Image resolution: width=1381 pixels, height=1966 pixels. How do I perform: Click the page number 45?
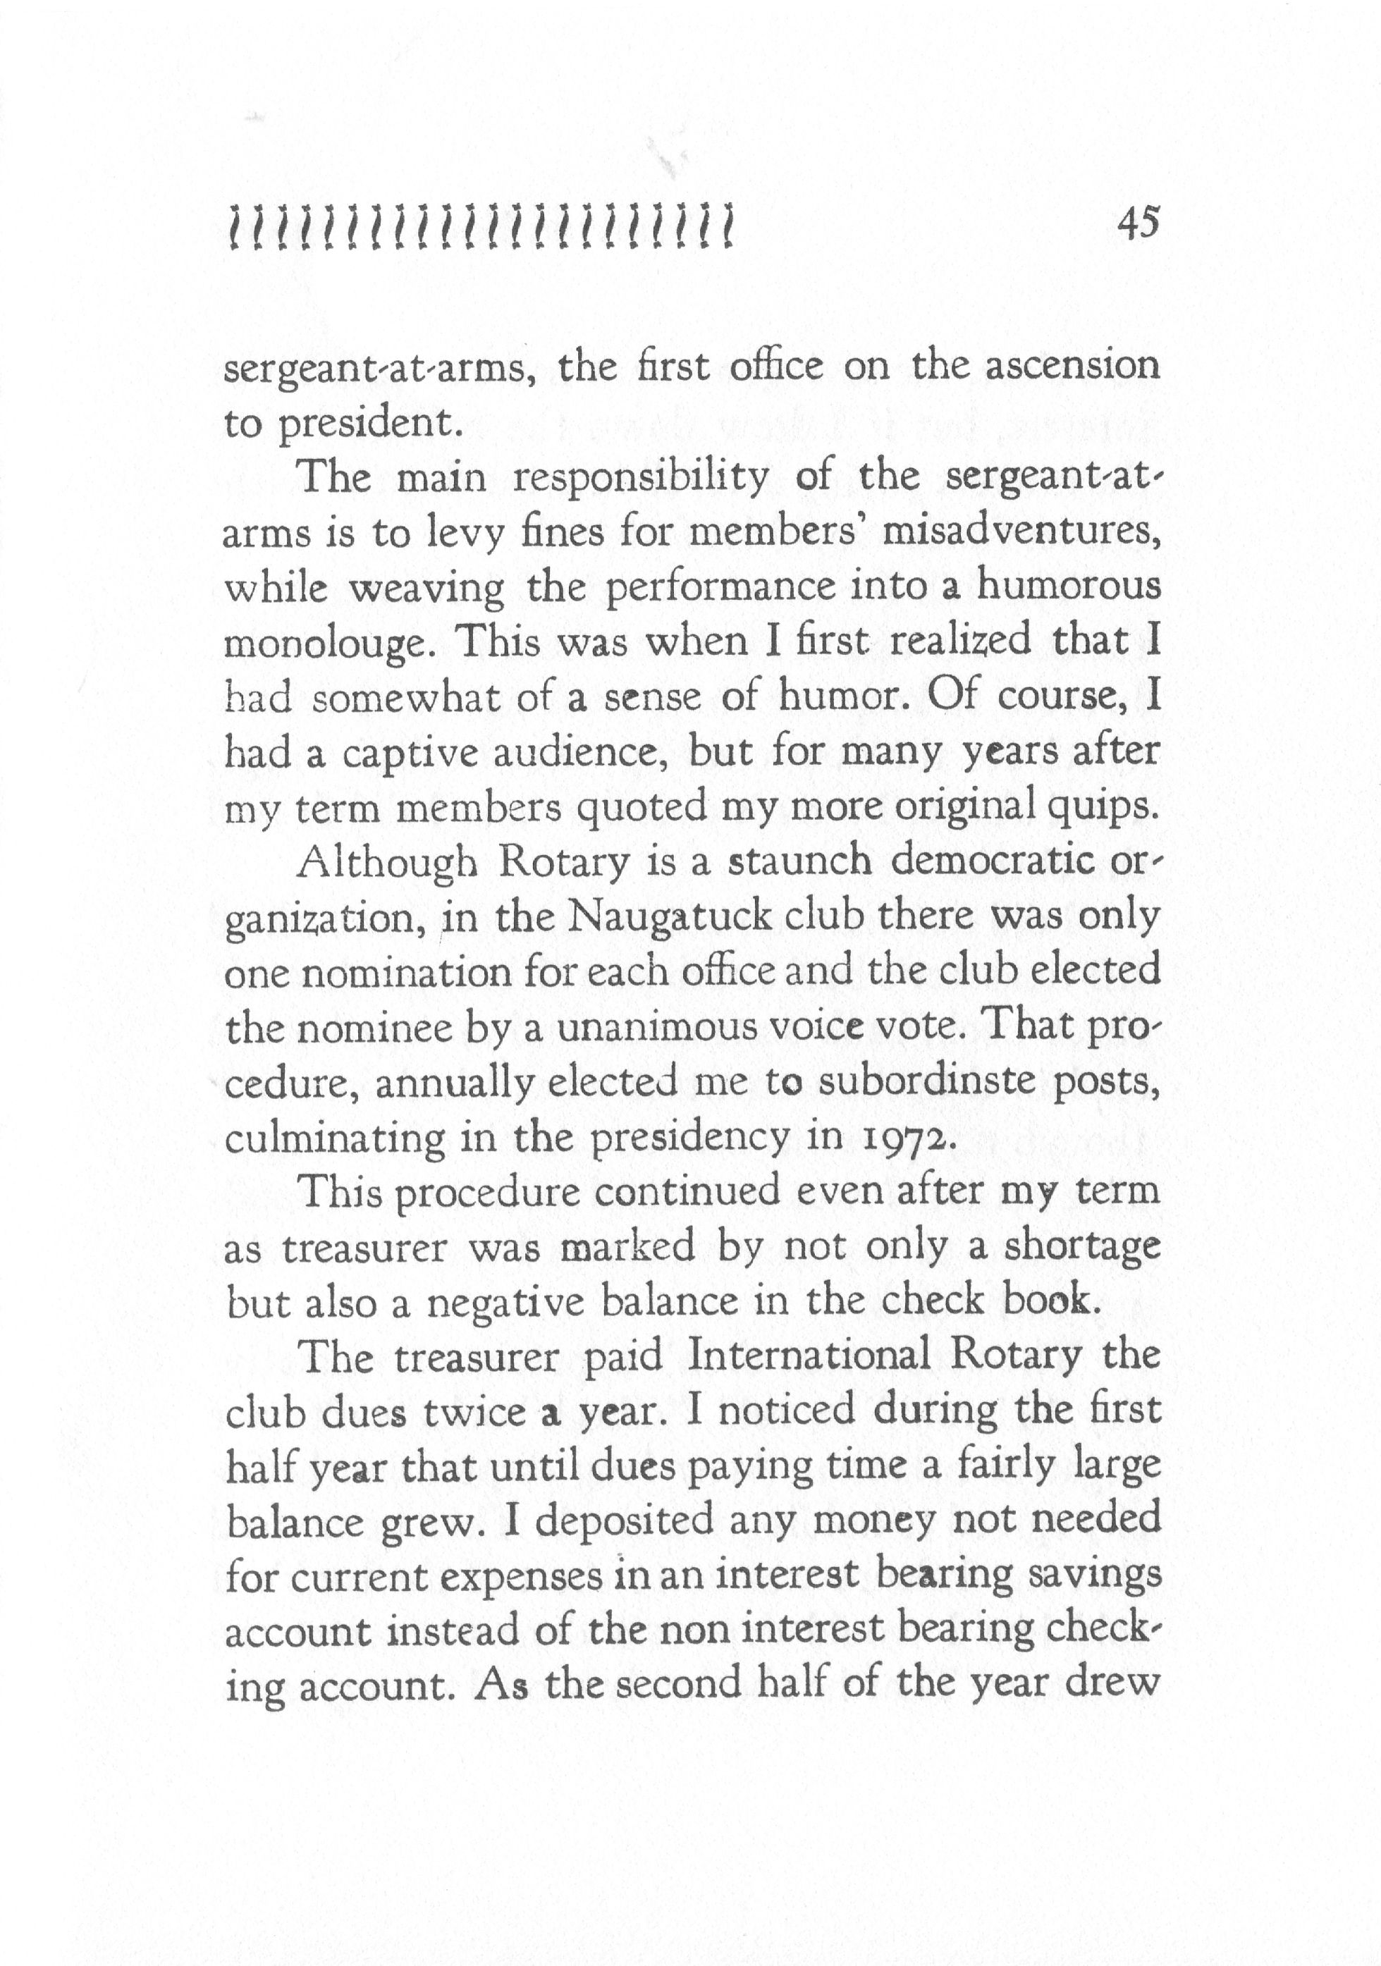1137,223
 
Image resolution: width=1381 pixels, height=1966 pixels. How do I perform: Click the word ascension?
1073,366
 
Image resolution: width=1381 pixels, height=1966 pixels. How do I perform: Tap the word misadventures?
1021,533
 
